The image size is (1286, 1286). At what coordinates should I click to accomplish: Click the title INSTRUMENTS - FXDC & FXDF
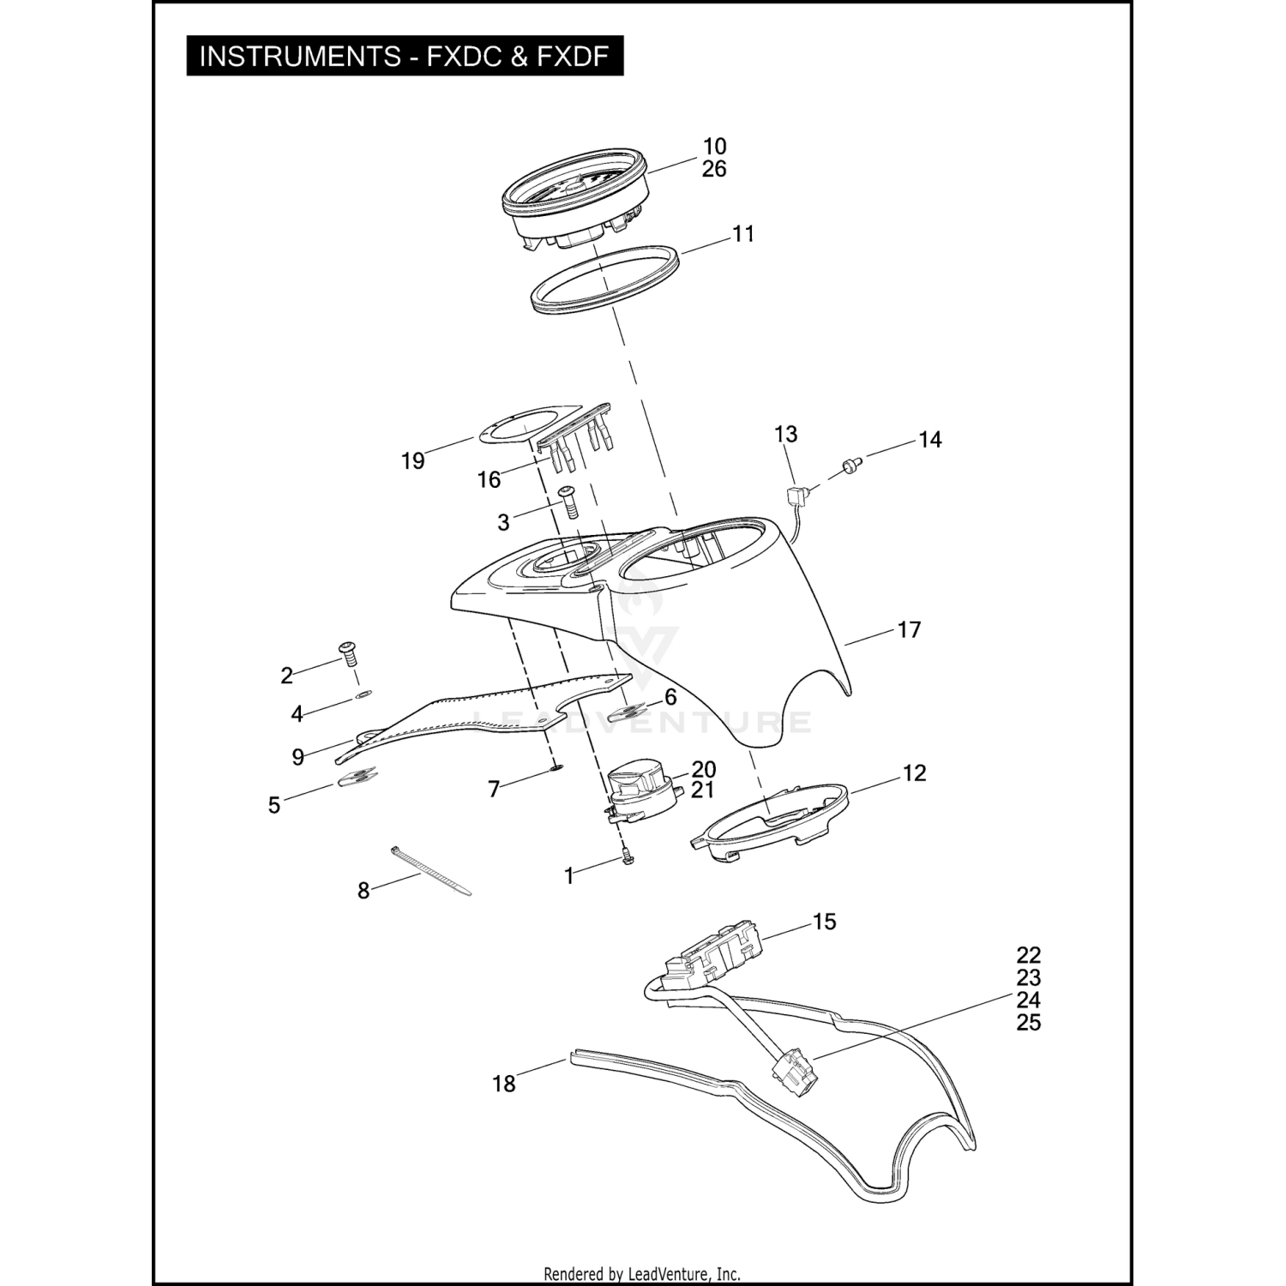(x=404, y=57)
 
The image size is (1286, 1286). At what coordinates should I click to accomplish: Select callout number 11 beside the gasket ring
(x=743, y=233)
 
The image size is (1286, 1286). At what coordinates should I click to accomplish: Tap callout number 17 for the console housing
(x=909, y=630)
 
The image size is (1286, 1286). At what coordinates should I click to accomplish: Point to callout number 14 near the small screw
(x=930, y=440)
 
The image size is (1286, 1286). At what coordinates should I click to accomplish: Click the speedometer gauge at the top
(x=574, y=201)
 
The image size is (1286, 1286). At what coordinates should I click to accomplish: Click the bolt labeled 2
(x=350, y=654)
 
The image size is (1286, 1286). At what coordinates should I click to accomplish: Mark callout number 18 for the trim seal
(x=504, y=1084)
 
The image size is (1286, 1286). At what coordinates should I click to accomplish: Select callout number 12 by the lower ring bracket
(x=915, y=773)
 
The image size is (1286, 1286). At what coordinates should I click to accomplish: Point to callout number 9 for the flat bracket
(x=297, y=757)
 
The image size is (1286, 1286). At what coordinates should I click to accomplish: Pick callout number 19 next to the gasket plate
(x=412, y=461)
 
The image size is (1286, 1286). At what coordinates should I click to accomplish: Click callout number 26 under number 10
(x=714, y=169)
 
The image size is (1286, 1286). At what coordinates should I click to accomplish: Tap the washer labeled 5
(x=358, y=778)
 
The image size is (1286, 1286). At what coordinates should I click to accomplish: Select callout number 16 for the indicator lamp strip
(x=489, y=479)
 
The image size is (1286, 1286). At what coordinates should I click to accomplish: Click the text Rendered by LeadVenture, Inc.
(x=642, y=1274)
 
